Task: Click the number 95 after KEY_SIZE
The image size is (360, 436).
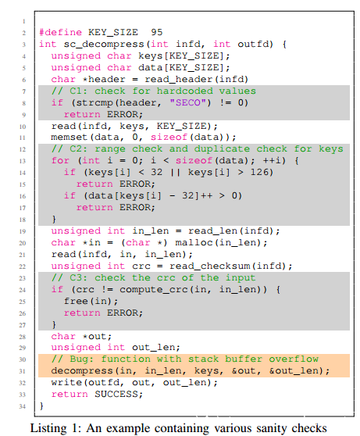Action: click(x=157, y=32)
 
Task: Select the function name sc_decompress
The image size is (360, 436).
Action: click(x=104, y=45)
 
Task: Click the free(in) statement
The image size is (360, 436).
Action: click(x=91, y=302)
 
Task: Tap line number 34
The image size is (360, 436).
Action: click(x=23, y=406)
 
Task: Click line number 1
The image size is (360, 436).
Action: click(x=24, y=21)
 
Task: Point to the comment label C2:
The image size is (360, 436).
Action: click(x=79, y=148)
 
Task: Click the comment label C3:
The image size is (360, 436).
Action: click(x=79, y=278)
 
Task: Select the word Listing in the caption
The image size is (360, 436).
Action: click(x=48, y=429)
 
